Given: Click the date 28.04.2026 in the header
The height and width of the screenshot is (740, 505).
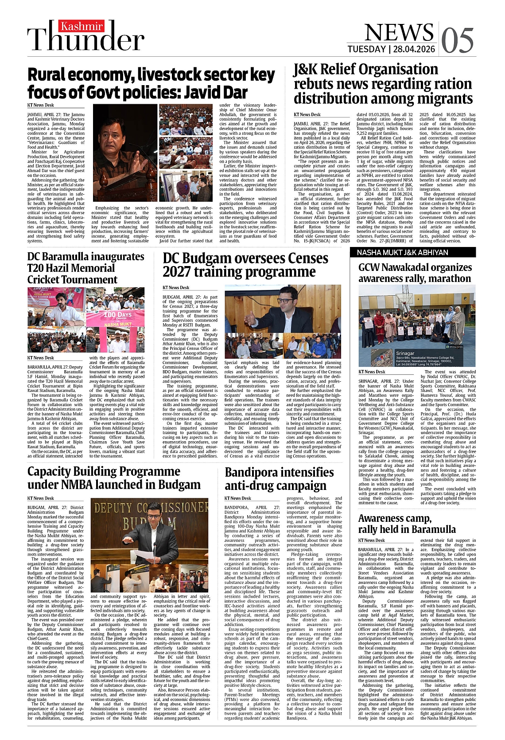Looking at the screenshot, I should (x=414, y=49).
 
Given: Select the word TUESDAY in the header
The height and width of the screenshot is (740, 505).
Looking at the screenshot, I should (x=366, y=49).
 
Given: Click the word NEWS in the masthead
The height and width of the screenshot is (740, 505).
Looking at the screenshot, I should (x=399, y=32).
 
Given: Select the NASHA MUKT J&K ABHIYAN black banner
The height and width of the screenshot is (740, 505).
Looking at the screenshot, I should (x=417, y=252).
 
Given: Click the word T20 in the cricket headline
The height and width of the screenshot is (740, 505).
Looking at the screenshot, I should (x=37, y=268).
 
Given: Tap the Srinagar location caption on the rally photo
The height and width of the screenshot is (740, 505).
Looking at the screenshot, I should (x=405, y=353).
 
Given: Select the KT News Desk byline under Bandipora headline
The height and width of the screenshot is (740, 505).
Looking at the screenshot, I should (x=237, y=498).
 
